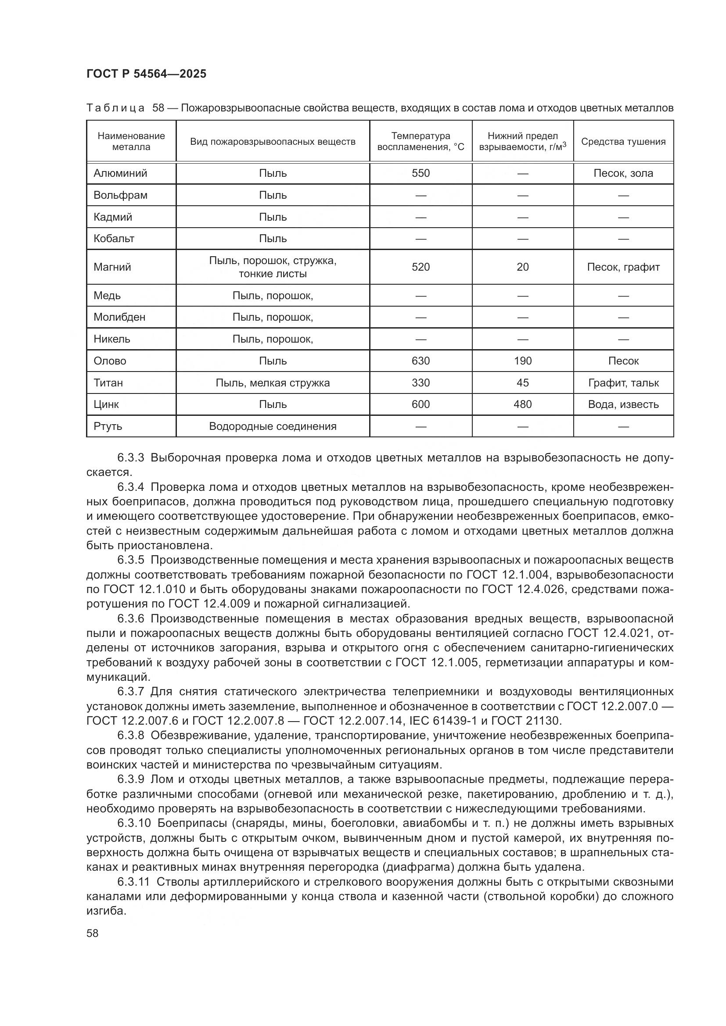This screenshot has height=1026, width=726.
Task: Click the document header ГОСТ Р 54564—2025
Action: (146, 74)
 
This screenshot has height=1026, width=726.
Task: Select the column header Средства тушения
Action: (623, 142)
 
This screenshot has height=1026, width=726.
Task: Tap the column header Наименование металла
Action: (131, 141)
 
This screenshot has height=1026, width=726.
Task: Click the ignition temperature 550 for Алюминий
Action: (420, 173)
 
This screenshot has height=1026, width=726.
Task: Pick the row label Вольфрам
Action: (120, 195)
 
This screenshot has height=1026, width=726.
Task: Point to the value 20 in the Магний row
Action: (522, 267)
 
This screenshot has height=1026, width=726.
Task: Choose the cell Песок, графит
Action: (623, 267)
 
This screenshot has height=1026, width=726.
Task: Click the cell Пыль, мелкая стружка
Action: (273, 383)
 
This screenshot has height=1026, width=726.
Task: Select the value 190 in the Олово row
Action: (522, 361)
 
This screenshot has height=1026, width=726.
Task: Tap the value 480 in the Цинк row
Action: (522, 404)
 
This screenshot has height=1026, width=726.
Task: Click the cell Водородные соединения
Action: (273, 426)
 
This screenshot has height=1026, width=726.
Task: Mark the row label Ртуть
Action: (108, 426)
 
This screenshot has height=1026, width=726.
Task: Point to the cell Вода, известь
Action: (623, 404)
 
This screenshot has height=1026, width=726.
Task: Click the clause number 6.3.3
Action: (130, 458)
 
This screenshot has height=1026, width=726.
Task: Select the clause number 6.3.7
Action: (130, 692)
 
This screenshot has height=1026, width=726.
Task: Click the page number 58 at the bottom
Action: (93, 933)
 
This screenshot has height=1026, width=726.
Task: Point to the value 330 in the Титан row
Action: (420, 383)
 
